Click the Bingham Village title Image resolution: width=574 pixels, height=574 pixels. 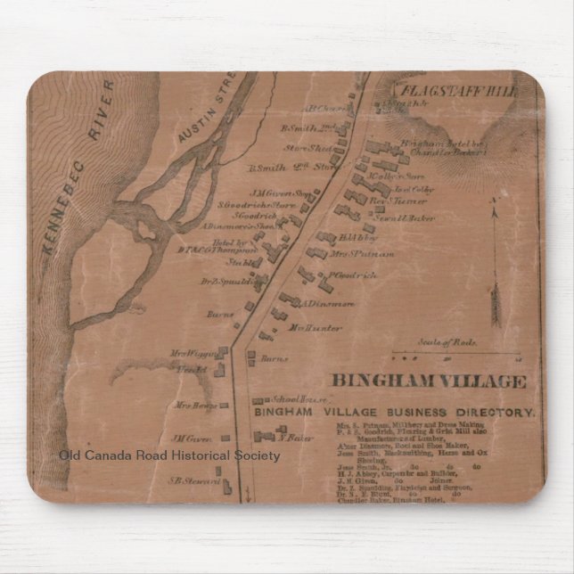coord(430,381)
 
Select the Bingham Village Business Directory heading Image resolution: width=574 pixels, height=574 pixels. coord(394,413)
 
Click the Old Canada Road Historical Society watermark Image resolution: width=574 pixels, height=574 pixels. coord(169,455)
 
